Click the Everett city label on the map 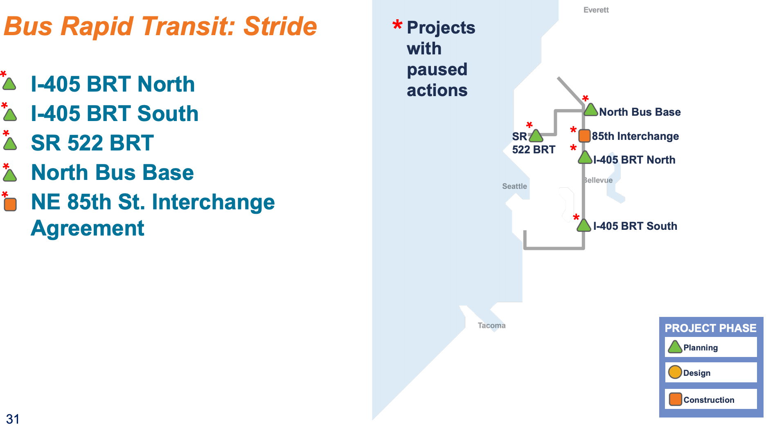(x=596, y=10)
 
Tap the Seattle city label (x=514, y=186)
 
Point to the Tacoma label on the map (x=491, y=325)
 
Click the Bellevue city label (x=598, y=180)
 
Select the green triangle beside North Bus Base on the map (x=590, y=110)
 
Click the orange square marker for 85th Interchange (x=584, y=135)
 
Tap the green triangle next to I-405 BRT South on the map (x=584, y=225)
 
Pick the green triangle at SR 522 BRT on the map (x=536, y=135)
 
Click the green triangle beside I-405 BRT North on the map (x=585, y=157)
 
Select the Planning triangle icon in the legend (x=675, y=347)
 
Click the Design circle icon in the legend (x=675, y=372)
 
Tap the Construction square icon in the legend (x=675, y=399)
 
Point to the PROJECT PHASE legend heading (x=710, y=328)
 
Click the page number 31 (x=13, y=419)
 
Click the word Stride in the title (x=280, y=26)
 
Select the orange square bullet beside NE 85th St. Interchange (x=10, y=204)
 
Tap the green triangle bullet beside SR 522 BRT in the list (x=10, y=144)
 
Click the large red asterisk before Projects (x=397, y=25)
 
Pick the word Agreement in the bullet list (x=88, y=228)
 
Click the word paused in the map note (x=437, y=70)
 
